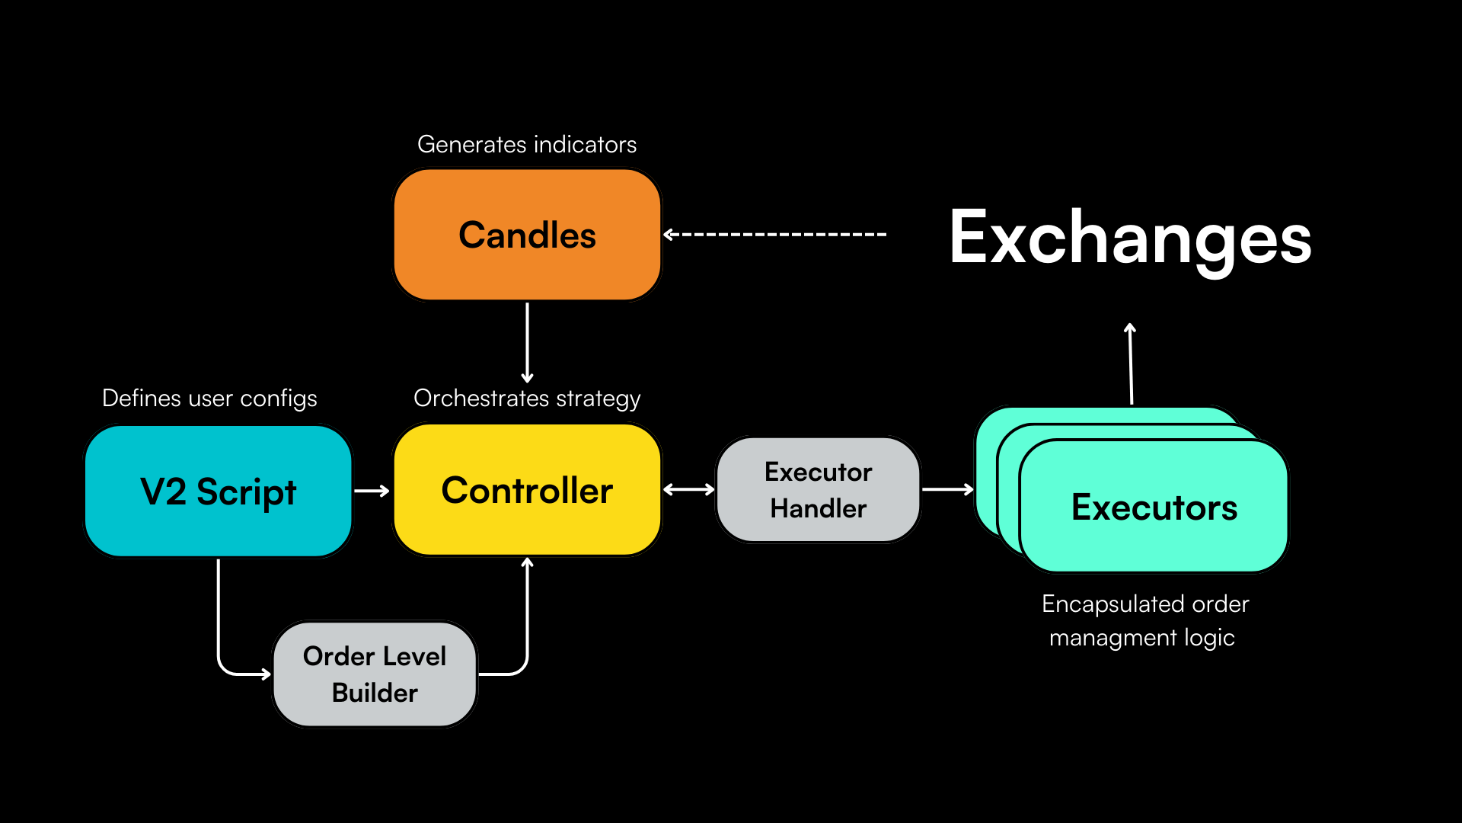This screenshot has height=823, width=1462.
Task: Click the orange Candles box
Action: click(527, 235)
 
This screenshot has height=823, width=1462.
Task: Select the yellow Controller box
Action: click(527, 490)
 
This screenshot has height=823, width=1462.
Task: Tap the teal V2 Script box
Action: click(219, 492)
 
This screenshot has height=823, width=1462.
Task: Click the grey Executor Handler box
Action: click(819, 490)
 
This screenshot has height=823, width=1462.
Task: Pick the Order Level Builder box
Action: click(375, 674)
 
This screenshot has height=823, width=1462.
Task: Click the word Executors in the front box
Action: click(1154, 508)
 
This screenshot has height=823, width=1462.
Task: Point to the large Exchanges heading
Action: click(1130, 238)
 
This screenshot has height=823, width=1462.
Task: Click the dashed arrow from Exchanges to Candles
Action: click(775, 235)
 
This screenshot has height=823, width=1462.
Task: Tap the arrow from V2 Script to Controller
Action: click(372, 491)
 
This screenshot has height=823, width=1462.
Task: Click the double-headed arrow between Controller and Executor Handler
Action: click(689, 490)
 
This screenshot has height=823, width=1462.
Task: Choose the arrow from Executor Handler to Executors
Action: click(947, 490)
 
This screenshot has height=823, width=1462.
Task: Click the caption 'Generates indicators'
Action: click(527, 144)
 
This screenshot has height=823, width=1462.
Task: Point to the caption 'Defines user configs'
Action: click(209, 398)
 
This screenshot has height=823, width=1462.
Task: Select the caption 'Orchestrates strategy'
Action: click(527, 398)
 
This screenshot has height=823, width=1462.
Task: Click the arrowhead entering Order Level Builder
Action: click(265, 674)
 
